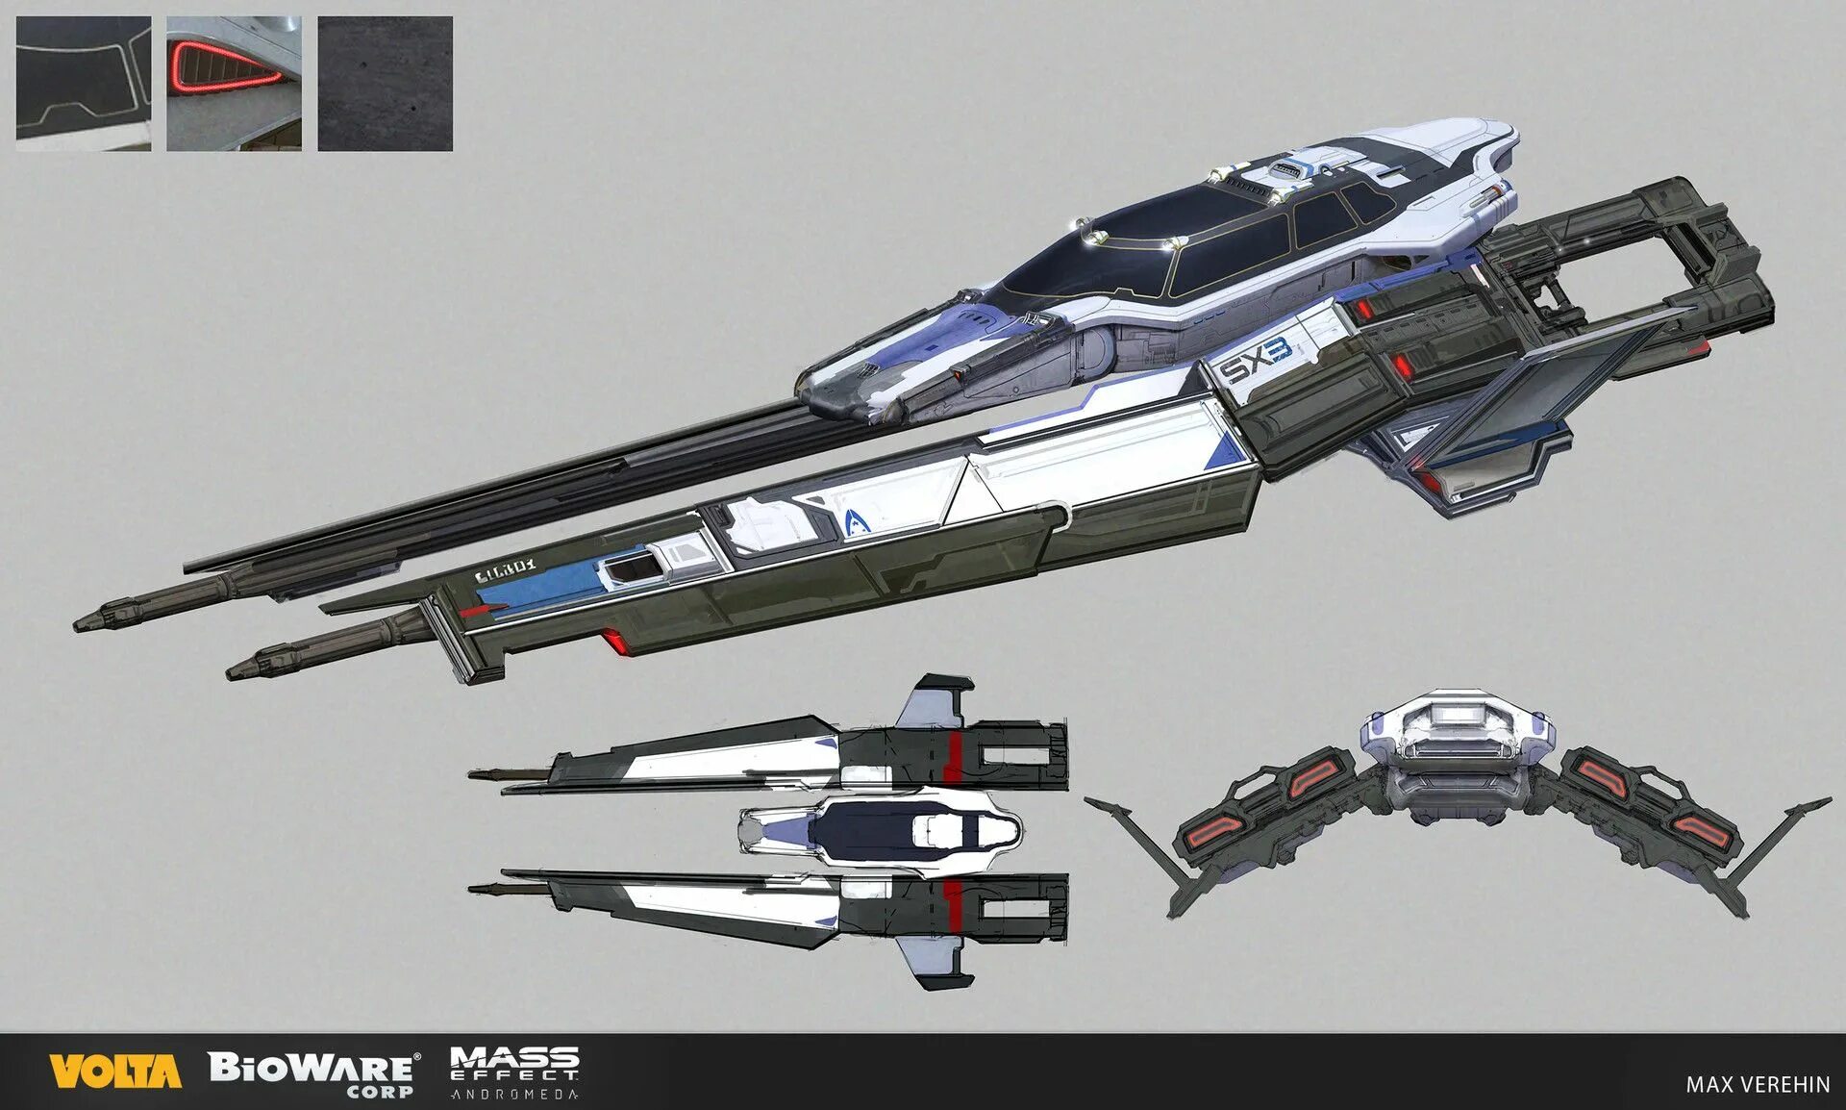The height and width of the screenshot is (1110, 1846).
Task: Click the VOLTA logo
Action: click(115, 1071)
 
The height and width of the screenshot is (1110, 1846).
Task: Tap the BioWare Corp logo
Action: click(313, 1072)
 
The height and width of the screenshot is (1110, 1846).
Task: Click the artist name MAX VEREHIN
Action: click(1758, 1084)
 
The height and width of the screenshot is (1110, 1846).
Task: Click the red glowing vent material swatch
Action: click(234, 84)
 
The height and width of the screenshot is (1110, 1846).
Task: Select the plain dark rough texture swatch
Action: click(385, 84)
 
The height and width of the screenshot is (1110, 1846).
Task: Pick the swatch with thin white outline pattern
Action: click(84, 84)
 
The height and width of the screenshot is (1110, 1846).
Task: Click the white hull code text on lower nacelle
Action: click(505, 573)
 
